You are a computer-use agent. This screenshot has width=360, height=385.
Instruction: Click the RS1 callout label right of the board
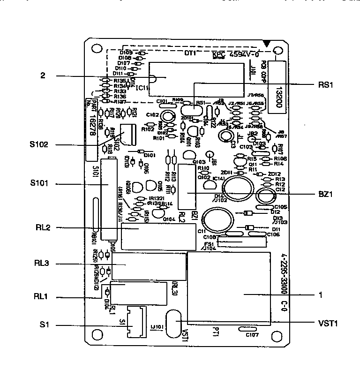point(325,85)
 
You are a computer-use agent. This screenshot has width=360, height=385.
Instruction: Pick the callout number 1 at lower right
point(320,295)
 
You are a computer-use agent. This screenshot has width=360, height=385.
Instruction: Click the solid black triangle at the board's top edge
point(266,44)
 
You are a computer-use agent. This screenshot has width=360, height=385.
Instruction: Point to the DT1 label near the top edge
point(190,53)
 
